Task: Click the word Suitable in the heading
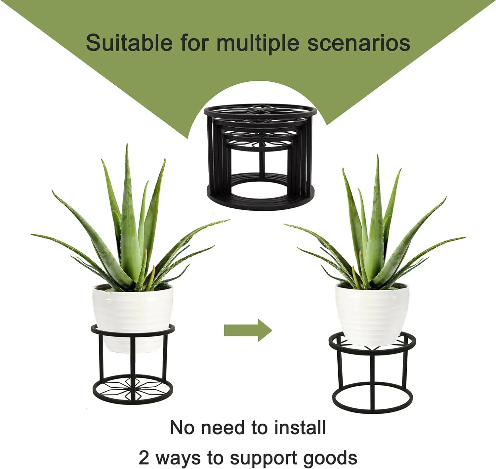(x=129, y=43)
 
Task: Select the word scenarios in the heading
(x=358, y=43)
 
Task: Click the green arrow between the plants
(x=248, y=330)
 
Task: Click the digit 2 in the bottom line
(x=144, y=458)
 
